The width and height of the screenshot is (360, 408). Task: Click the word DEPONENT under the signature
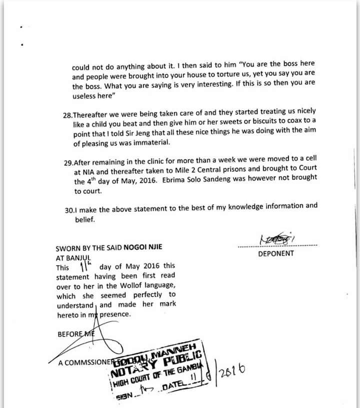(x=276, y=253)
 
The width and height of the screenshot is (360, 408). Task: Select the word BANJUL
(x=84, y=258)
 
